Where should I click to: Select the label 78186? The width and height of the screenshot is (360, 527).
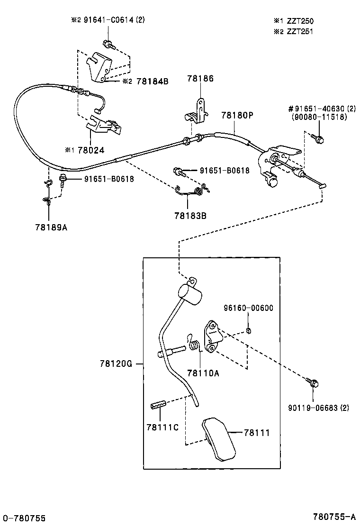pyautogui.click(x=200, y=79)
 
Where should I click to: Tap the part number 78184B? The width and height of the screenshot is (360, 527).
pyautogui.click(x=152, y=81)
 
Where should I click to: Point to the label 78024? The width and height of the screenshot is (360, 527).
pyautogui.click(x=91, y=150)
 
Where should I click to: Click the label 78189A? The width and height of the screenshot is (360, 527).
pyautogui.click(x=51, y=227)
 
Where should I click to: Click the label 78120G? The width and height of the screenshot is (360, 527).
pyautogui.click(x=115, y=363)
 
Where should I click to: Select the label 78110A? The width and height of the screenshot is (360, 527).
pyautogui.click(x=203, y=373)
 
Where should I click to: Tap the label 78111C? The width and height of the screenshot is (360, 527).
pyautogui.click(x=162, y=427)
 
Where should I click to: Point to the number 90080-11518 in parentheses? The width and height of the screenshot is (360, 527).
pyautogui.click(x=320, y=117)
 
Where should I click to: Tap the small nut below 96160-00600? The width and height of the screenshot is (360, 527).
pyautogui.click(x=248, y=330)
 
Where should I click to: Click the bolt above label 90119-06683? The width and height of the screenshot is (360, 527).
pyautogui.click(x=312, y=382)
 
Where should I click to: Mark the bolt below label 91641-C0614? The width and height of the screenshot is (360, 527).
pyautogui.click(x=109, y=45)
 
